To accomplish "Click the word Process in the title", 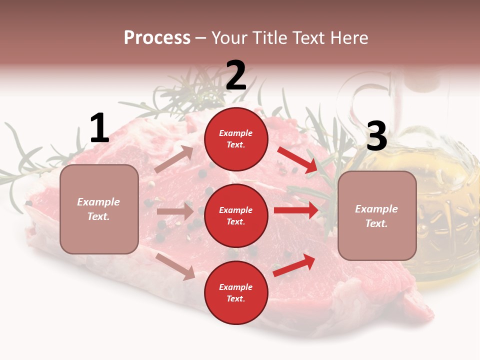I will (157, 37).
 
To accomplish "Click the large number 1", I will (99, 128).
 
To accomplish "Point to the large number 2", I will (236, 75).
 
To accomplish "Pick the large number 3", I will (376, 136).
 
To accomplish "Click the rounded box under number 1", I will (99, 209).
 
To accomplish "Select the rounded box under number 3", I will (377, 215).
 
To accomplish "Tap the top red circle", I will (236, 139).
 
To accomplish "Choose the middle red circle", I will (236, 215).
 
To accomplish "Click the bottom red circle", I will (236, 292).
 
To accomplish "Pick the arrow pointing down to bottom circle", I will (175, 266).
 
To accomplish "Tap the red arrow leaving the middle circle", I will (296, 210).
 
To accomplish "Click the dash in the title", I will (200, 38).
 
